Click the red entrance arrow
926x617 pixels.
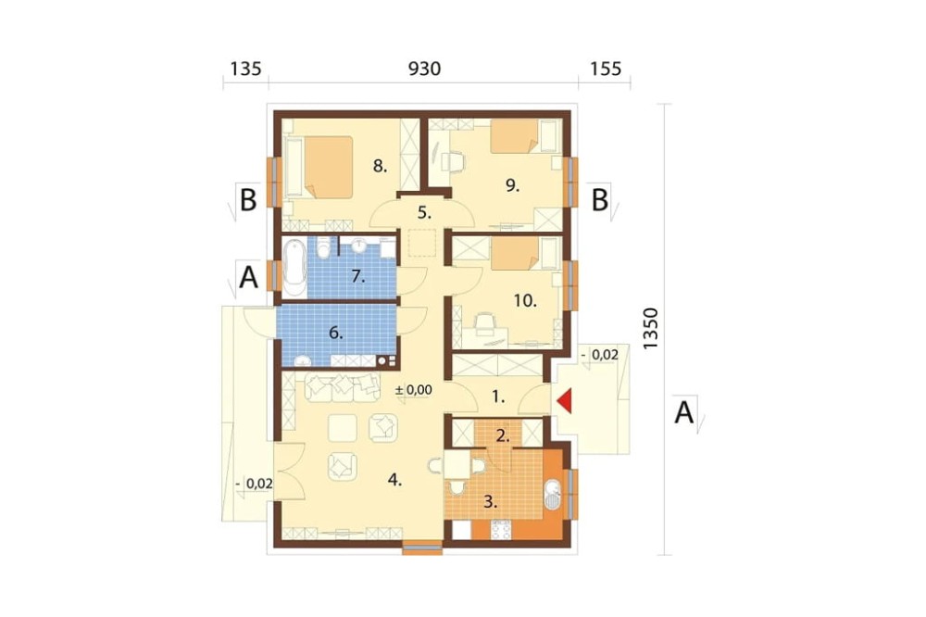click(x=565, y=400)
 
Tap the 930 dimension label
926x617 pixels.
click(x=425, y=69)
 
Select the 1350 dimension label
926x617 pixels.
click(x=650, y=329)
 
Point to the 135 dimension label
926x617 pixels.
click(x=245, y=69)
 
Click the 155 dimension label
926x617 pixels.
click(x=606, y=69)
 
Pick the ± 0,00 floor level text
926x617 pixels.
click(x=413, y=390)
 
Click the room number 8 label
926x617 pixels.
click(x=381, y=167)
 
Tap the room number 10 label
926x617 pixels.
click(x=525, y=301)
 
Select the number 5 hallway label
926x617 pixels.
click(x=425, y=212)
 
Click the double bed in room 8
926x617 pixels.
click(x=319, y=167)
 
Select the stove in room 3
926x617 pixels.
click(x=501, y=529)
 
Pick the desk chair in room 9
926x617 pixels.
click(x=453, y=161)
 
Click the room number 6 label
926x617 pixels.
click(x=335, y=334)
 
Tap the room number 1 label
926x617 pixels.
click(x=498, y=397)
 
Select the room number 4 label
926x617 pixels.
click(x=394, y=481)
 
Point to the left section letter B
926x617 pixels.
click(x=248, y=200)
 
